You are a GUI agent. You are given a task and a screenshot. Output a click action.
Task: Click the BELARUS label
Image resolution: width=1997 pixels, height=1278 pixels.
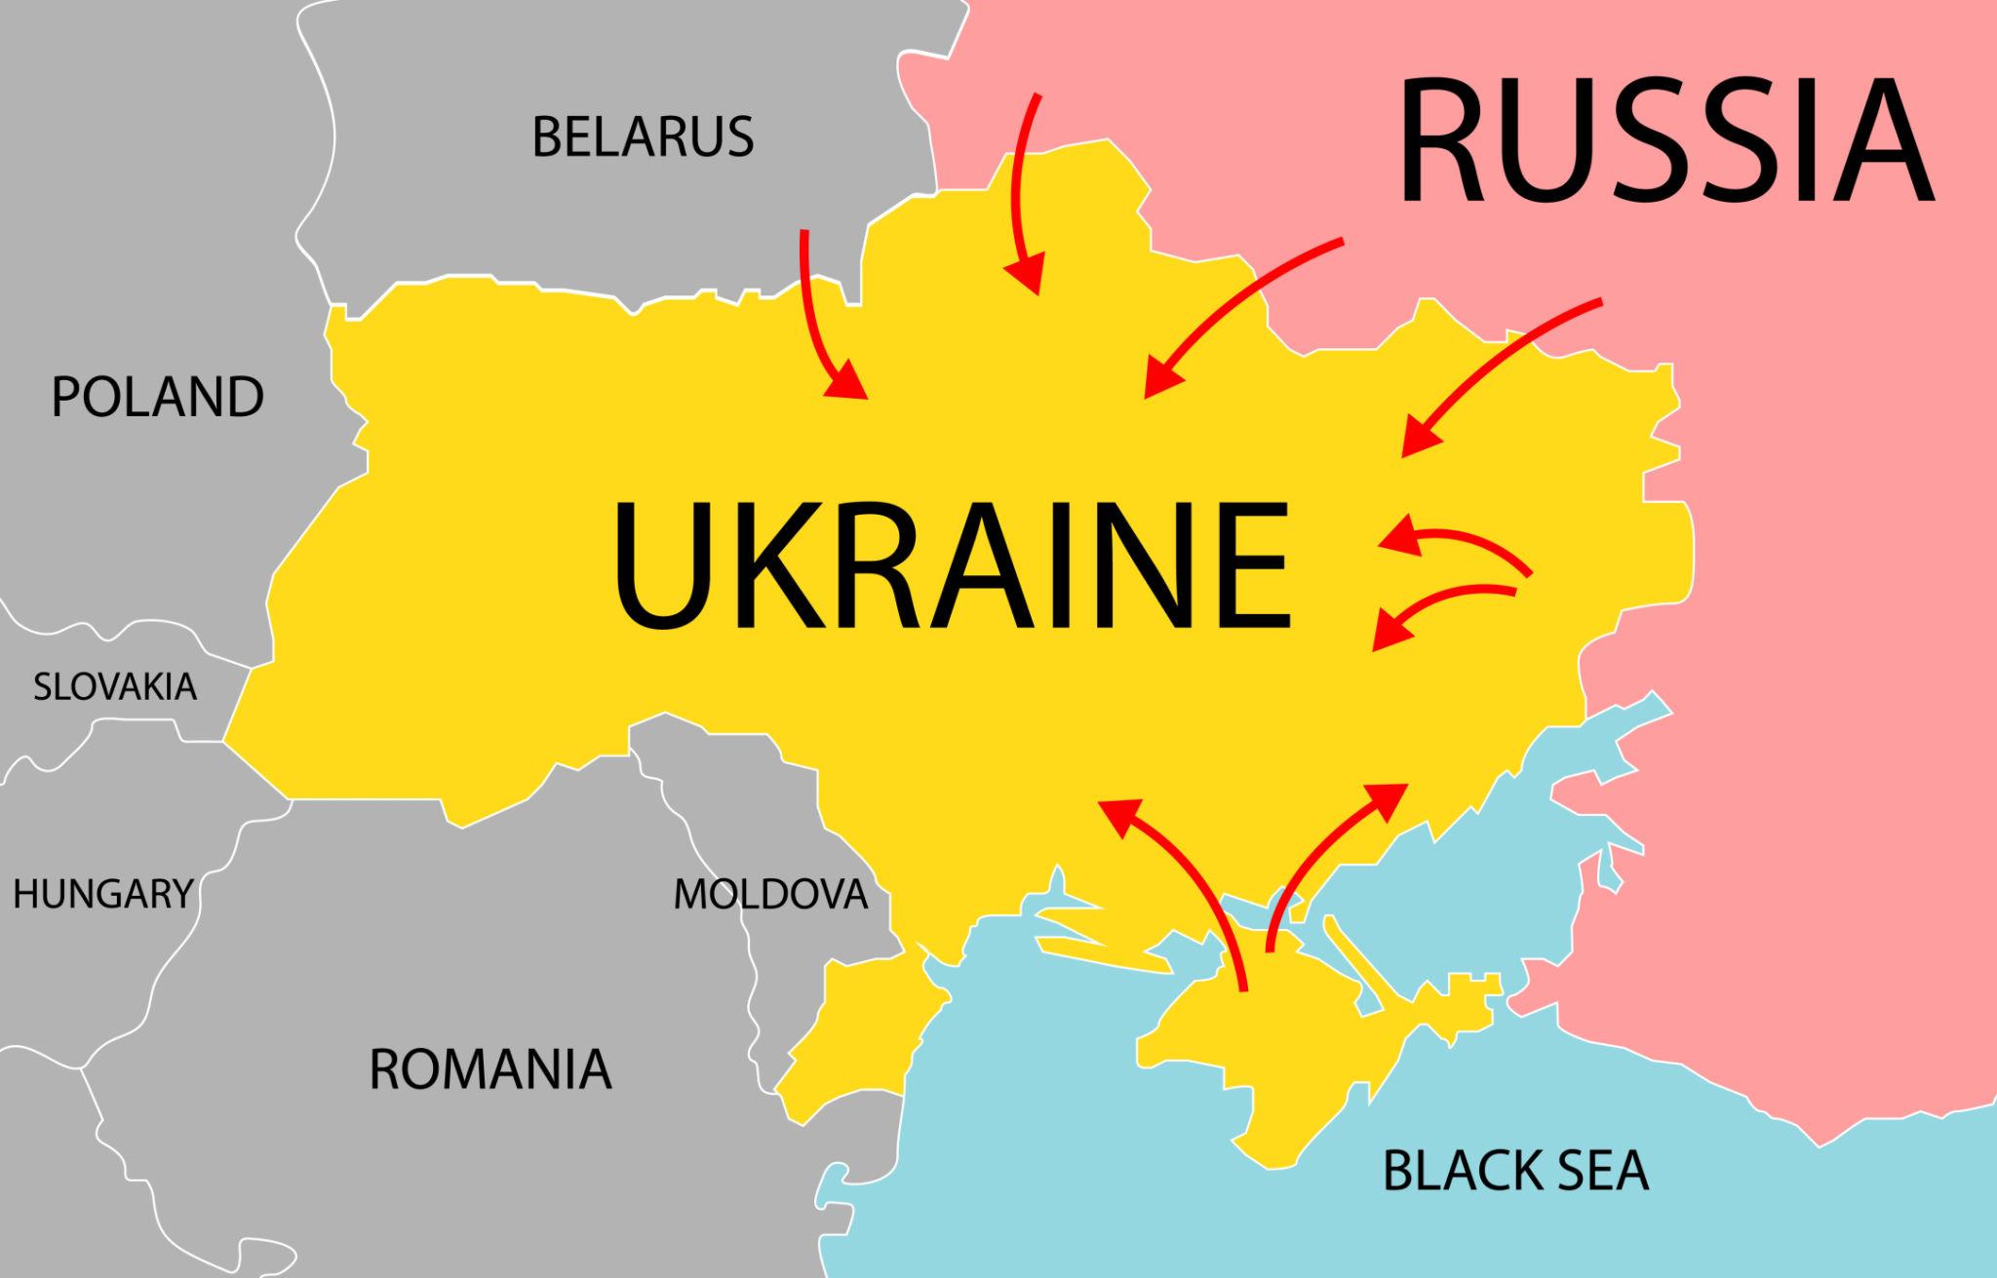[643, 136]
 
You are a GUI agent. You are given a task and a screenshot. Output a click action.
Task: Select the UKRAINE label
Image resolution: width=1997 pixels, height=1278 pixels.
[951, 565]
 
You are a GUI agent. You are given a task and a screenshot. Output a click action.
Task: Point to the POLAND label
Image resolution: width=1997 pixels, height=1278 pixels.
[157, 397]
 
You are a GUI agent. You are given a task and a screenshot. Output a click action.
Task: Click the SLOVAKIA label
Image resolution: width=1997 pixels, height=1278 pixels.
[115, 687]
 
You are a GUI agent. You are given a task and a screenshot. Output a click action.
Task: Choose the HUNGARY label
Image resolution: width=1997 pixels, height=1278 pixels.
[102, 893]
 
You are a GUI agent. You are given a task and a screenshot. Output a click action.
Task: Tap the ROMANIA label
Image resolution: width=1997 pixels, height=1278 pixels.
[489, 1069]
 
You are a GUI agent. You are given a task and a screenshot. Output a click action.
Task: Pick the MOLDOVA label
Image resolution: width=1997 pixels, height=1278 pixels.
[770, 894]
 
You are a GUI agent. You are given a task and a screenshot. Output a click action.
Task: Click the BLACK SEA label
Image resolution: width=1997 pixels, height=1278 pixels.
[1515, 1171]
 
